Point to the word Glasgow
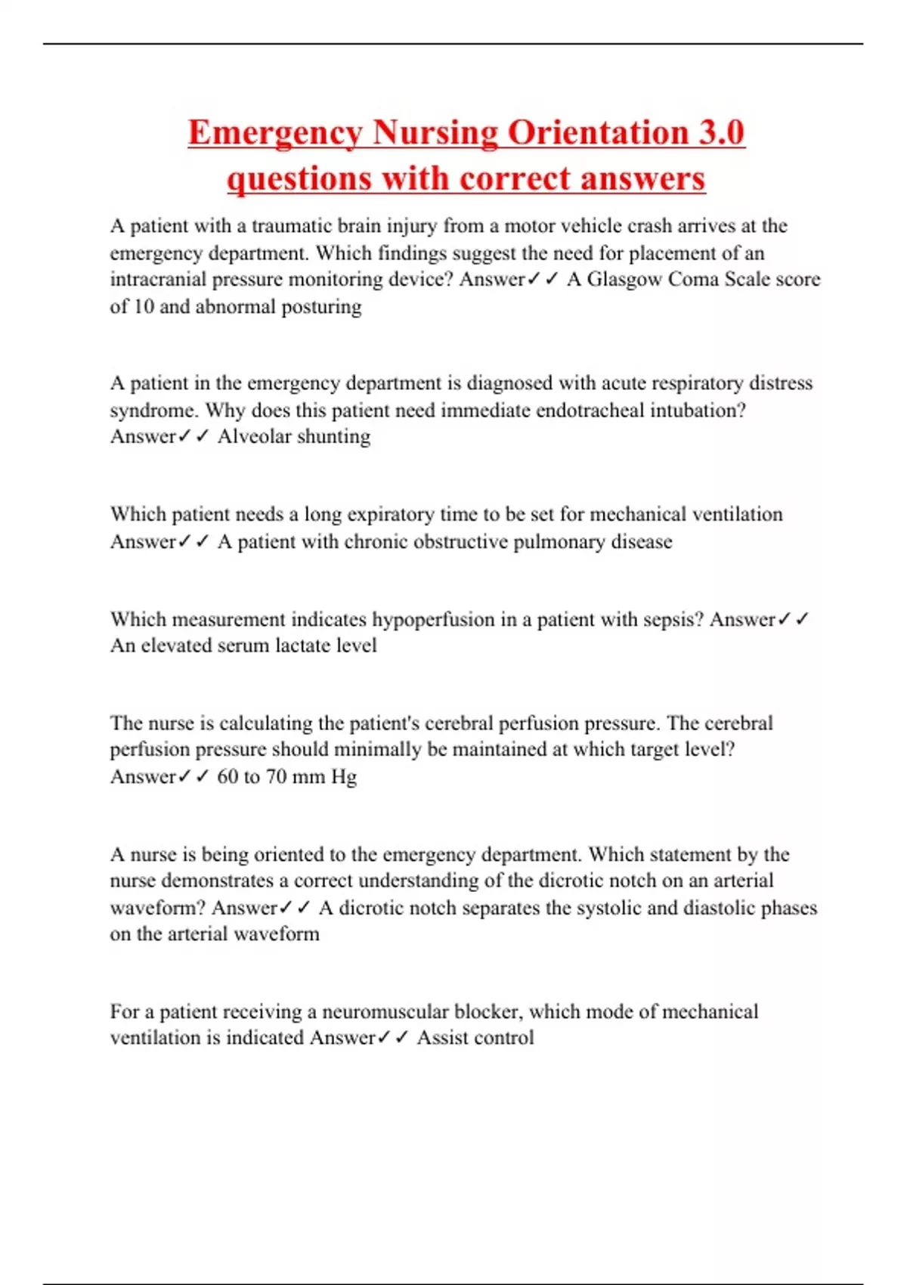(x=624, y=280)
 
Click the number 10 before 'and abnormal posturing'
(x=143, y=307)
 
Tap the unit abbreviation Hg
(x=344, y=777)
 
